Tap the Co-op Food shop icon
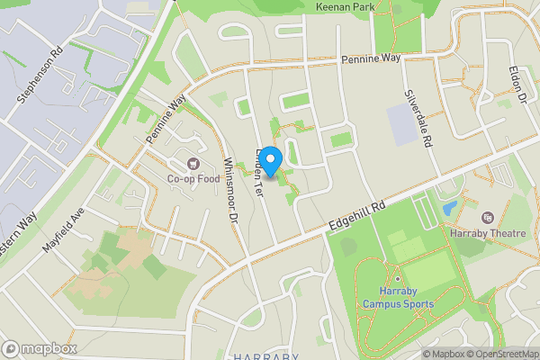193,163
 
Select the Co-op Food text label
193,178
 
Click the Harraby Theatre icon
487,219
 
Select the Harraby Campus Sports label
398,298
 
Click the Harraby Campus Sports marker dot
397,278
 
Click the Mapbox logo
40,348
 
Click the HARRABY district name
265,356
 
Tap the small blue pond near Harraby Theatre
448,208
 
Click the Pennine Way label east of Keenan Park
370,59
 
